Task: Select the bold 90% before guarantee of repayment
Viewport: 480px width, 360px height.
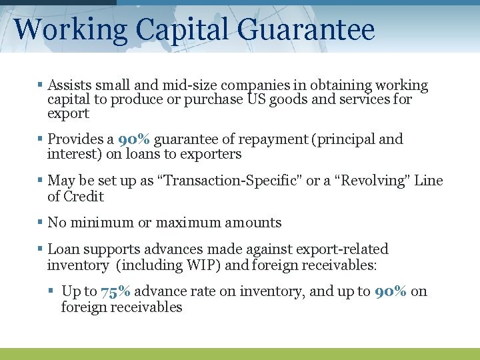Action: (x=133, y=139)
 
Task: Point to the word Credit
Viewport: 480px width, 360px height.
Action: (x=84, y=196)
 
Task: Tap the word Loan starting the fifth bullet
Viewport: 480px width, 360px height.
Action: (x=63, y=249)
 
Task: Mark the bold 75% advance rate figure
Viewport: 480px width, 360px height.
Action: (x=115, y=291)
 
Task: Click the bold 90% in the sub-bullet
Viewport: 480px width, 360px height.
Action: (x=390, y=291)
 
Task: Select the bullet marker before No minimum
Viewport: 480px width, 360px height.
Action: (x=41, y=223)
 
